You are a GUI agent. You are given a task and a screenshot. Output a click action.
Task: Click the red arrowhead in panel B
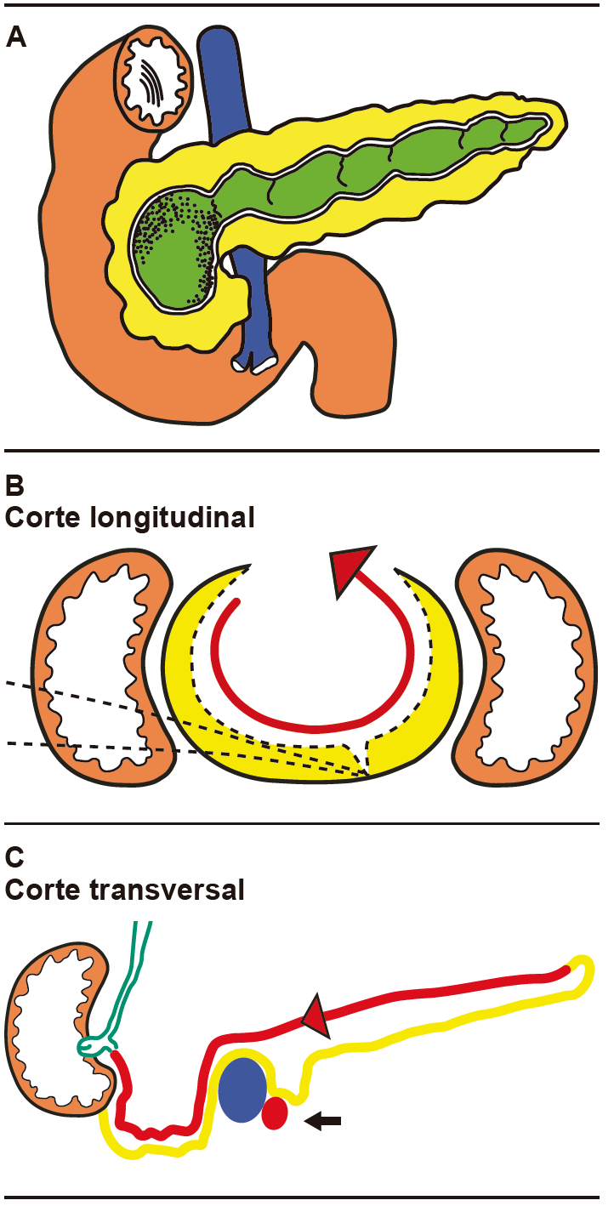[350, 569]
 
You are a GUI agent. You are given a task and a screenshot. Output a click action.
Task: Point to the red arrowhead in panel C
[316, 1015]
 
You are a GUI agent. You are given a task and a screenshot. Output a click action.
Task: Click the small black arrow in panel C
[323, 1123]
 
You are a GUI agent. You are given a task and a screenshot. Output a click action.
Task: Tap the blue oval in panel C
[244, 1089]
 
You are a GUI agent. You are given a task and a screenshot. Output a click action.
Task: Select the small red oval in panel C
[274, 1113]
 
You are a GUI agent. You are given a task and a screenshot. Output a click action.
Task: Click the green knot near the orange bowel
[96, 1043]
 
